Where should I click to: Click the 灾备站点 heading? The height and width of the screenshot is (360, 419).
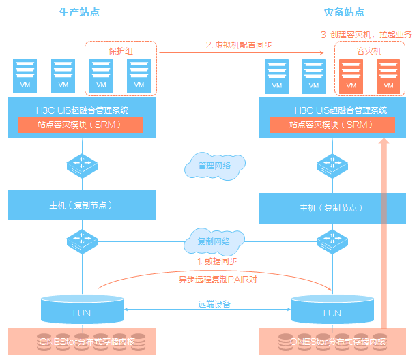tap(343, 12)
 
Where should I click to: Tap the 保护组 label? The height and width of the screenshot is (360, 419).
tap(120, 50)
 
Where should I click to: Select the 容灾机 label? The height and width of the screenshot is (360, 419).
tap(369, 50)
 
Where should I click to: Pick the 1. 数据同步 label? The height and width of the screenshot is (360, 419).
tap(218, 261)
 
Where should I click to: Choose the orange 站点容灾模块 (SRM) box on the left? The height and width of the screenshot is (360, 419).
tap(81, 125)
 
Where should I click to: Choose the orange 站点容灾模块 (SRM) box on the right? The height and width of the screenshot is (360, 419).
tap(332, 125)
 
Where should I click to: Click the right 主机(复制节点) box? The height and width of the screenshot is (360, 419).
tap(332, 207)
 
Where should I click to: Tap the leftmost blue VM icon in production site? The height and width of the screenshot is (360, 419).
tap(25, 75)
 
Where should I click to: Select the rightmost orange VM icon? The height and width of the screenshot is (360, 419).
tap(388, 75)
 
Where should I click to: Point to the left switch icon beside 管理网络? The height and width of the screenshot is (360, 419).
tap(83, 165)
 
